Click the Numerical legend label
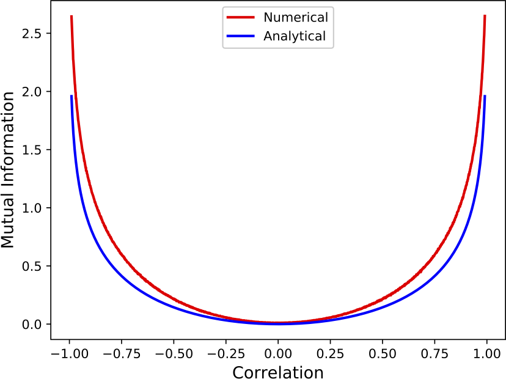pos(295,17)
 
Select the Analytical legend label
pos(294,36)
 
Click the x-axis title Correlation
pos(277,371)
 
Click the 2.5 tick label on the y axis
pos(31,33)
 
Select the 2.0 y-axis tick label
pos(31,92)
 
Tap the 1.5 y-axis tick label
pos(31,150)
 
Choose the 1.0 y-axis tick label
pos(31,208)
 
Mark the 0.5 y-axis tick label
pos(31,266)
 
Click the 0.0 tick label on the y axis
pos(31,324)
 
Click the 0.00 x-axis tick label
pos(278,353)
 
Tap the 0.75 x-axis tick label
pos(435,353)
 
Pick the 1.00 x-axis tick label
pos(487,353)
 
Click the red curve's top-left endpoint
pos(71,16)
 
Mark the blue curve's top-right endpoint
pos(485,95)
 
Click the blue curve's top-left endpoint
pos(71,95)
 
